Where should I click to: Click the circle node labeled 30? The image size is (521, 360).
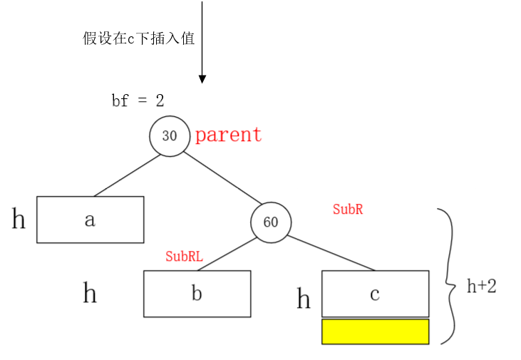click(x=170, y=135)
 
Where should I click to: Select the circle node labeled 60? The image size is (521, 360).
click(x=271, y=222)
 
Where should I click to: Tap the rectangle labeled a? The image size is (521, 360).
click(x=91, y=220)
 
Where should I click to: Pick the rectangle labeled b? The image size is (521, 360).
click(x=197, y=294)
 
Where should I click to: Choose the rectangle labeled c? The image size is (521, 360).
click(x=375, y=294)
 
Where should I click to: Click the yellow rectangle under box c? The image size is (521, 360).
click(x=375, y=331)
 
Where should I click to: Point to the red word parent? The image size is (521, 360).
click(x=228, y=135)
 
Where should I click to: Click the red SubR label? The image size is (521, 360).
click(x=348, y=210)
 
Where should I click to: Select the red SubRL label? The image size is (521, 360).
click(x=184, y=257)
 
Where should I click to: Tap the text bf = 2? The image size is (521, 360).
click(x=138, y=101)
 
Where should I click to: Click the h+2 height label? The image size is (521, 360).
click(x=481, y=287)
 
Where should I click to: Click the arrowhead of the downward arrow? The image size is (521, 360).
click(x=202, y=78)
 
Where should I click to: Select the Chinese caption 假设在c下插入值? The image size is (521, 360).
click(x=138, y=38)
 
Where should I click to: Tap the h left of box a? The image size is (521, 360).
click(x=19, y=220)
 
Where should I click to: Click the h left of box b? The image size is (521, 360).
click(x=90, y=293)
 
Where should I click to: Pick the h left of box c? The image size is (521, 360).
click(x=304, y=299)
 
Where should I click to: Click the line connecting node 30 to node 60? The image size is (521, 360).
click(x=222, y=178)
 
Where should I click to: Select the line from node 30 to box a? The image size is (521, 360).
click(x=127, y=175)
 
